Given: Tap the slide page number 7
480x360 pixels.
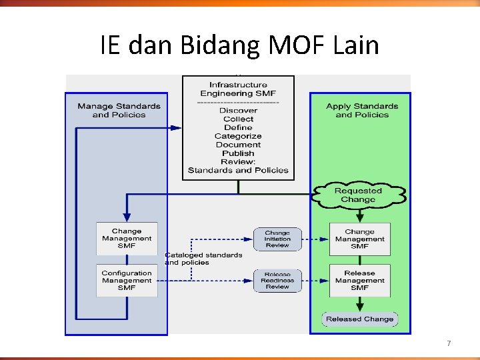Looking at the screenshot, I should point(449,343).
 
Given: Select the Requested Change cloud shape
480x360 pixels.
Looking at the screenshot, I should point(359,195).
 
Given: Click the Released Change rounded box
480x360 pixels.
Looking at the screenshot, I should point(360,319).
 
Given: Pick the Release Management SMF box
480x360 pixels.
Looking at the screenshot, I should point(360,281).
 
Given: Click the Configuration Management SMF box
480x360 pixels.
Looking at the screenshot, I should point(127,281).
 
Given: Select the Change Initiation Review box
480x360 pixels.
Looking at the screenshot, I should point(277,239).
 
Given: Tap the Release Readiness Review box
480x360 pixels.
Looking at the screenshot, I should point(277,281).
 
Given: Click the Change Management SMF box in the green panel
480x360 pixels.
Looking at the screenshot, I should point(360,239).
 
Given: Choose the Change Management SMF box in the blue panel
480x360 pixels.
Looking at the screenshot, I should point(127,239).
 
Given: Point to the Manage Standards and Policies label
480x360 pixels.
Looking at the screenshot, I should point(119,110).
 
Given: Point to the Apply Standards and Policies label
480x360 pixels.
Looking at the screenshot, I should point(362,110).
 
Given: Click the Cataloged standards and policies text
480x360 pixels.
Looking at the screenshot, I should point(203,259).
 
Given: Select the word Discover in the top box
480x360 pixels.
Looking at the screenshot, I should point(238,111).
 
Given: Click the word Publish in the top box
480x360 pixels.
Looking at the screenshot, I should point(238,153).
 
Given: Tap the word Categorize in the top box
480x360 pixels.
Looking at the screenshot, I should point(238,136).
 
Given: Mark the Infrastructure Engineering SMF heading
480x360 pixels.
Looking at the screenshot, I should point(238,89).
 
